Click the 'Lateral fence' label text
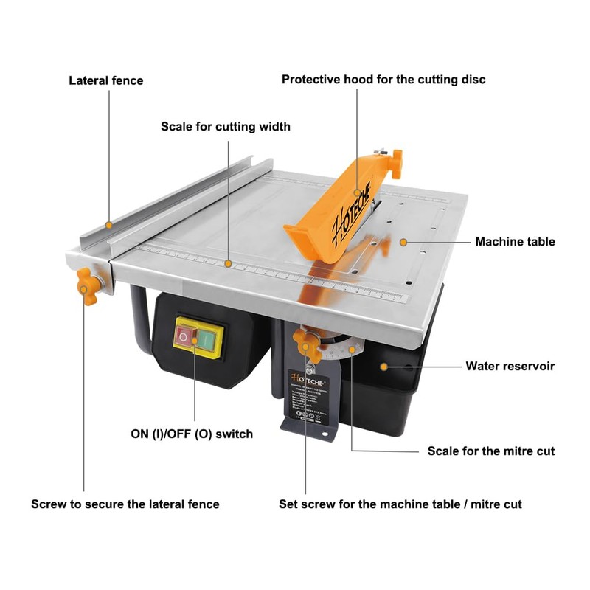coord(106,80)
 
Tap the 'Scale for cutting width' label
coord(226,127)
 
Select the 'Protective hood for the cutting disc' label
coord(383,80)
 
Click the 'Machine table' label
coord(515,242)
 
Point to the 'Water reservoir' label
coord(510,366)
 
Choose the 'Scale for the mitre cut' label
coord(491,451)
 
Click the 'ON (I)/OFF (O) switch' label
coord(192,434)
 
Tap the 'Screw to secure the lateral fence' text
coord(125,504)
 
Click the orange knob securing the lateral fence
coord(88,285)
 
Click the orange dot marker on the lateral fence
coord(108,223)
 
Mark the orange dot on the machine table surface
coord(403,241)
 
